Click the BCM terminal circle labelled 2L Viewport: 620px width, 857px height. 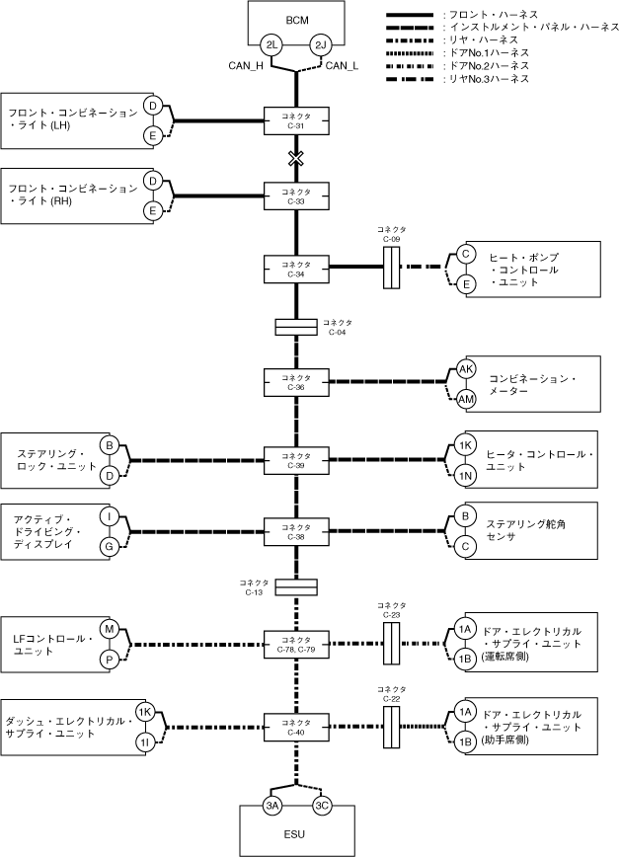coord(271,45)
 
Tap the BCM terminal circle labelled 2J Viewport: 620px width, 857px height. coord(321,45)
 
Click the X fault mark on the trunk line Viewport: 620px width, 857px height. coord(296,159)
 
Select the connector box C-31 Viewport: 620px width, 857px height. coord(296,120)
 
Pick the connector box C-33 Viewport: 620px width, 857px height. coord(296,196)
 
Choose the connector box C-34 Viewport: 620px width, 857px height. coord(296,269)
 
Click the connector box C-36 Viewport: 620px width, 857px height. coord(296,382)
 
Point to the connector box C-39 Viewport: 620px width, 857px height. coord(296,460)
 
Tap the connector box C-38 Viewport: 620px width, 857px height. coord(296,531)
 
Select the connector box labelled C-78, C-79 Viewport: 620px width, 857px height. coord(296,644)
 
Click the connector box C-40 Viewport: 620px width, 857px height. coord(296,727)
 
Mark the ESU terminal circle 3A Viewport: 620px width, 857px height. coord(272,805)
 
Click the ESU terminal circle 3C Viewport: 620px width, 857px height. coord(322,805)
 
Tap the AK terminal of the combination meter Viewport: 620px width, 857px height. coord(466,369)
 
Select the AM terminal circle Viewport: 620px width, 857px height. coord(466,400)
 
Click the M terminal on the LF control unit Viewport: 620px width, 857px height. coord(110,629)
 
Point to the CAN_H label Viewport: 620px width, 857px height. coord(246,66)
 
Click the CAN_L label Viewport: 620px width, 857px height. coord(343,66)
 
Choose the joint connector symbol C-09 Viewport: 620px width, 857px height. coord(392,268)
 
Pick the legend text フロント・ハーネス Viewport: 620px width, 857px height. coord(494,15)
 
